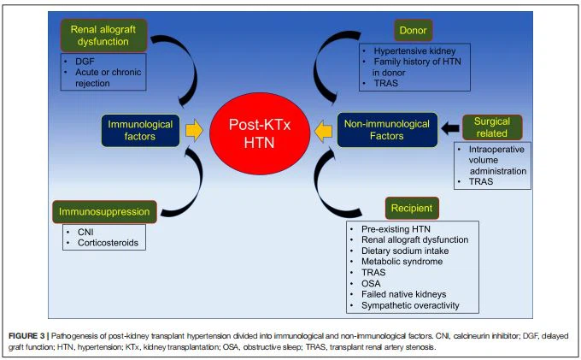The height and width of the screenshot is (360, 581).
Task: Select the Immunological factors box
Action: point(141,130)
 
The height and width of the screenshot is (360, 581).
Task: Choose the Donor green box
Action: point(413,31)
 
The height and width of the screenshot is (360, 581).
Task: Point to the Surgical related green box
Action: point(491,127)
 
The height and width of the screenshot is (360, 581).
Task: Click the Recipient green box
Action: point(412,208)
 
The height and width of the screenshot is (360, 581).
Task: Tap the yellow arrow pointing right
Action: point(195,130)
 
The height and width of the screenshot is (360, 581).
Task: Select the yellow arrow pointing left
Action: point(323,131)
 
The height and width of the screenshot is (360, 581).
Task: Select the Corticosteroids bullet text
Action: point(108,243)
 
